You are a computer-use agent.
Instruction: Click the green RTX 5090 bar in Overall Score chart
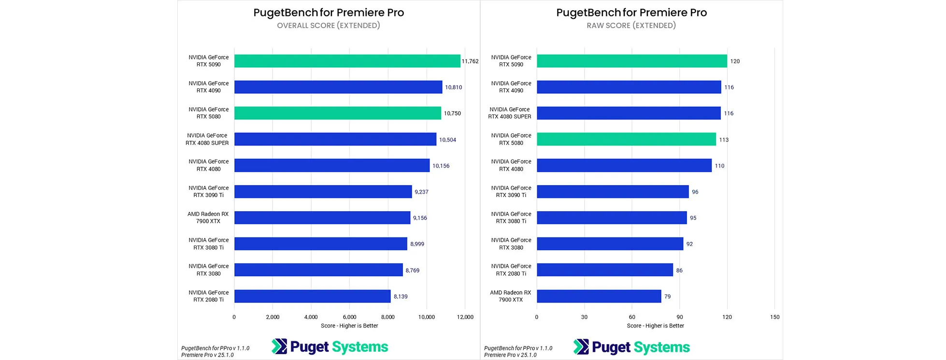347,61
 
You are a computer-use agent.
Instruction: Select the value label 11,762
470,61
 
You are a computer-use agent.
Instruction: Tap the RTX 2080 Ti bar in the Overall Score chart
312,296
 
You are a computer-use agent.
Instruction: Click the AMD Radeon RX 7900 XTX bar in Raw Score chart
599,296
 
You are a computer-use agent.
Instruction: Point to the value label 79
667,297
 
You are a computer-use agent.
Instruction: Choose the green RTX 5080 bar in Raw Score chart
626,139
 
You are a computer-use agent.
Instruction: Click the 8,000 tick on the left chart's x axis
387,317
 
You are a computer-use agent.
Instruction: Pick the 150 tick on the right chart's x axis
774,317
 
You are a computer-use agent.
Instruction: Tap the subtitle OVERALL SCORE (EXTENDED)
329,26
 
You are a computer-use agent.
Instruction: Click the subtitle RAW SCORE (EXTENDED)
631,26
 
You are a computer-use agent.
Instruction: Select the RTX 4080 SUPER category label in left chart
207,139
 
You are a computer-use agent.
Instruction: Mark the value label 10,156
441,166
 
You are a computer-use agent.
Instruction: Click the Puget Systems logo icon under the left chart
279,346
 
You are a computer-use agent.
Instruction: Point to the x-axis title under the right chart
655,326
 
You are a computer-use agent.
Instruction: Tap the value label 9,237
421,192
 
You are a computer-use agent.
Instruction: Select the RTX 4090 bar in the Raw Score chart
629,87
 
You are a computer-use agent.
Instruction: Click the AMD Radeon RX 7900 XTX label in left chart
208,217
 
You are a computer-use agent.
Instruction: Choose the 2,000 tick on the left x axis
272,317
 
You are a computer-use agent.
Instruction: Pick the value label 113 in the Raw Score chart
723,140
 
